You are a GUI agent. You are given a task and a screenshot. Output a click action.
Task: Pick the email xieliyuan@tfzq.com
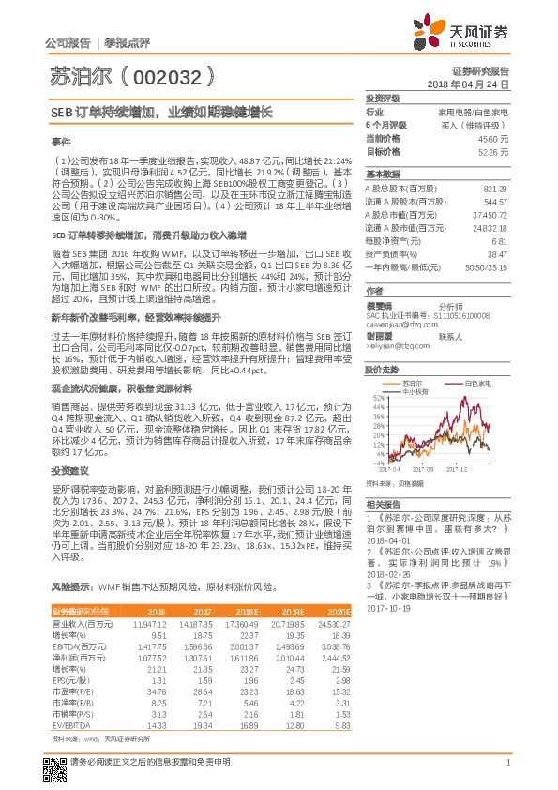coord(398,346)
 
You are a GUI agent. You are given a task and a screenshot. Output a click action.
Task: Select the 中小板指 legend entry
coord(418,391)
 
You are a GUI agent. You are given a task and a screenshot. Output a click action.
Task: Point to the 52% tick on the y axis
coord(377,398)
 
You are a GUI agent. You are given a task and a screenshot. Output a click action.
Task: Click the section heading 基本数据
coord(382,175)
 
